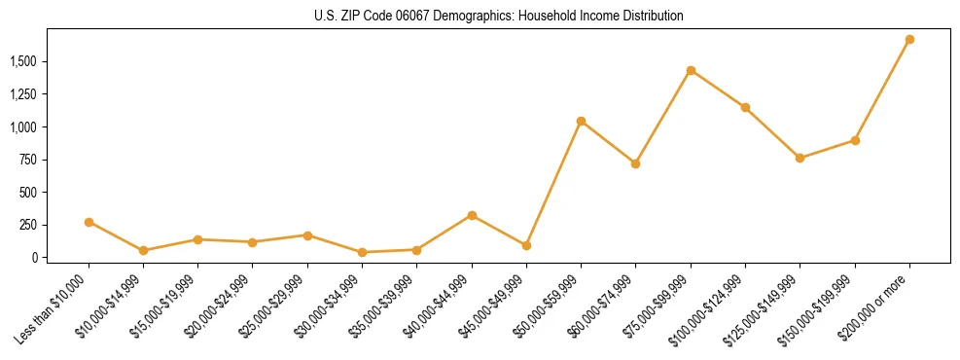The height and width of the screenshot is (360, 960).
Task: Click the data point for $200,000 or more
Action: pos(909,40)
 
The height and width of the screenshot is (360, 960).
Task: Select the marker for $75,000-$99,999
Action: pos(691,70)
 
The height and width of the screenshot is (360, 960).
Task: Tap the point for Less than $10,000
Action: pos(89,222)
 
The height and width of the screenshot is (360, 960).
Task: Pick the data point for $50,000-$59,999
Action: pos(581,121)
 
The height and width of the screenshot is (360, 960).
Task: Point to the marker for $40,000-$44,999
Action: pos(472,215)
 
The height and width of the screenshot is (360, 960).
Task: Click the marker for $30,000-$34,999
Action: pos(362,252)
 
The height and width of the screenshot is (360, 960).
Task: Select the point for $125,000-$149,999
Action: pos(800,158)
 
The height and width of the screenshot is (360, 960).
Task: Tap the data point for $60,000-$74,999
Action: pos(635,163)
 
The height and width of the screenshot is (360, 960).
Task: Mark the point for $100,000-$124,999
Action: pos(745,107)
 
